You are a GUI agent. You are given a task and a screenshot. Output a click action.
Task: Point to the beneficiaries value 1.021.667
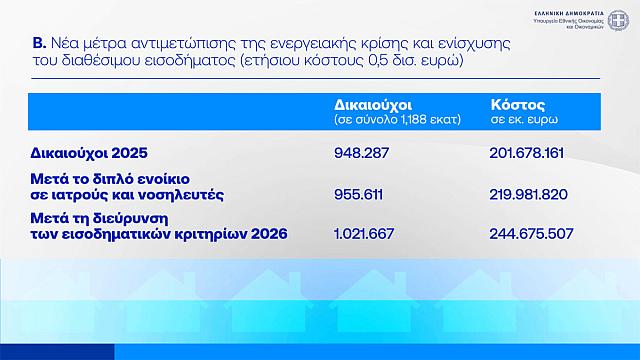pyautogui.click(x=364, y=234)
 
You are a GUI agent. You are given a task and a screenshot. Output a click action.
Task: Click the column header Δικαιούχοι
pyautogui.click(x=373, y=104)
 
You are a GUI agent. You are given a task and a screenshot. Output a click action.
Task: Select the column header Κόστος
pyautogui.click(x=517, y=104)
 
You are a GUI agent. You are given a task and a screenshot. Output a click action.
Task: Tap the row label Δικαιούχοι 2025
pyautogui.click(x=87, y=154)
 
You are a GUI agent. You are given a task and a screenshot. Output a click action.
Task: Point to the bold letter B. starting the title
pyautogui.click(x=37, y=45)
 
